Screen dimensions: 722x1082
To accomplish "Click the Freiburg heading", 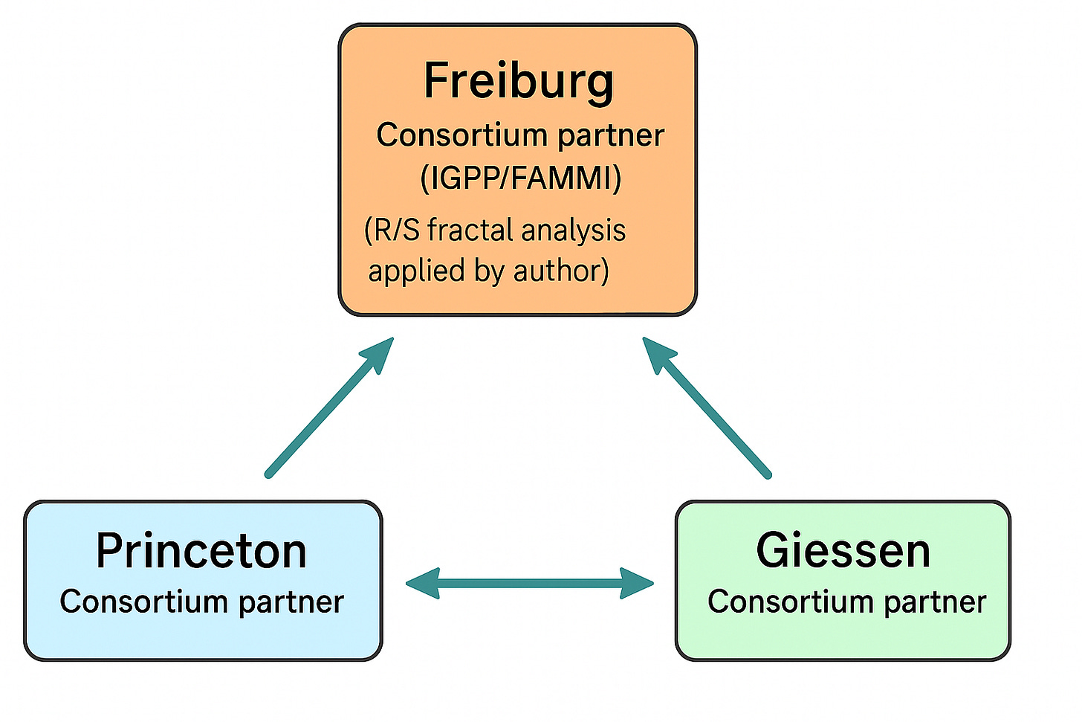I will [x=519, y=80].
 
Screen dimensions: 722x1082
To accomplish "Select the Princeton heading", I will [x=201, y=551].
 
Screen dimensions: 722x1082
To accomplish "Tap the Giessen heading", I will [x=843, y=551].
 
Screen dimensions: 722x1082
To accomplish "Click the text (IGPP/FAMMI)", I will [x=520, y=178].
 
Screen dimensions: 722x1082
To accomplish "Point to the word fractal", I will [x=470, y=231].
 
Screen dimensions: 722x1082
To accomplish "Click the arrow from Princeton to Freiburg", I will [x=327, y=409].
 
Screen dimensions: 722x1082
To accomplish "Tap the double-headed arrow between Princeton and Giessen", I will [x=530, y=584].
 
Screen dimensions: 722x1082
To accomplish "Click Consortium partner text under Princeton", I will [x=201, y=602].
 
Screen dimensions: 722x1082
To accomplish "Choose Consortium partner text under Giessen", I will [x=846, y=602].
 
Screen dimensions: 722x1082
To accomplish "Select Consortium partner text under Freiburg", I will [x=520, y=135].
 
